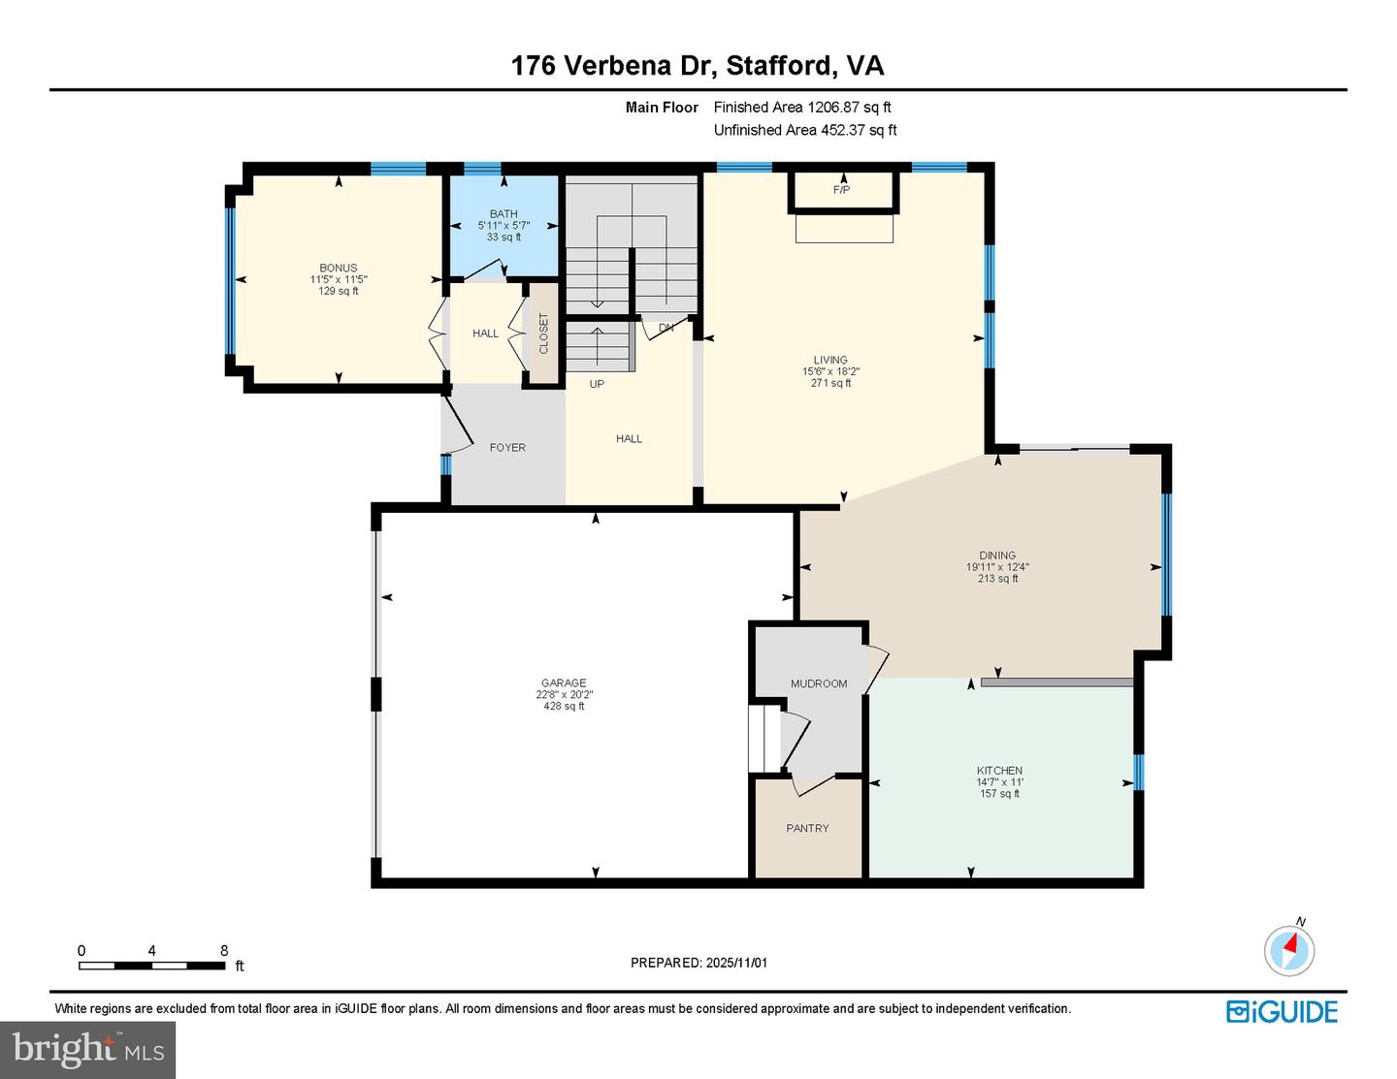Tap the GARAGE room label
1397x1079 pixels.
[x=563, y=682]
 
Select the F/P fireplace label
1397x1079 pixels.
[x=841, y=190]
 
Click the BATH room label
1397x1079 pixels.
[x=504, y=213]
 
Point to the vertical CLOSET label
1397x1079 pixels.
[x=543, y=333]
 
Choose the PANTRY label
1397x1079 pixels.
[x=807, y=828]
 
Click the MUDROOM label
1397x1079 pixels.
[x=818, y=683]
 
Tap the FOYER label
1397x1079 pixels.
[x=507, y=447]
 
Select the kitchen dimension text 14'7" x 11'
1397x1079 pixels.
[x=999, y=782]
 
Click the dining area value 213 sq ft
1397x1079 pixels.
[x=997, y=579]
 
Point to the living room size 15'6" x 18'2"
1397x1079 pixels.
[x=830, y=371]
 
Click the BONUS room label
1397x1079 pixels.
[x=339, y=268]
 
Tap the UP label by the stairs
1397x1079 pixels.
[x=597, y=384]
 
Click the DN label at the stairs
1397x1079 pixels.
[x=666, y=328]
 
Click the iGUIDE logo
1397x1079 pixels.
[x=1282, y=1011]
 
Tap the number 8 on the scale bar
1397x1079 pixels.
[x=224, y=951]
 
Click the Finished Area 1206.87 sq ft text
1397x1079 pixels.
[x=802, y=108]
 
